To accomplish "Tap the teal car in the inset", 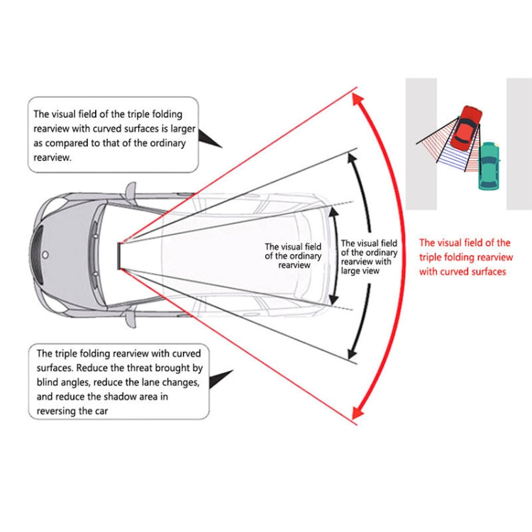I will [488, 165].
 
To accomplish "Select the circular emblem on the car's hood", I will [45, 253].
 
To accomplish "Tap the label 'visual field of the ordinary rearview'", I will [294, 255].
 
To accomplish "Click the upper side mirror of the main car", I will [130, 191].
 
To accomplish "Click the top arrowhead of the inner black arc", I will [333, 213].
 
